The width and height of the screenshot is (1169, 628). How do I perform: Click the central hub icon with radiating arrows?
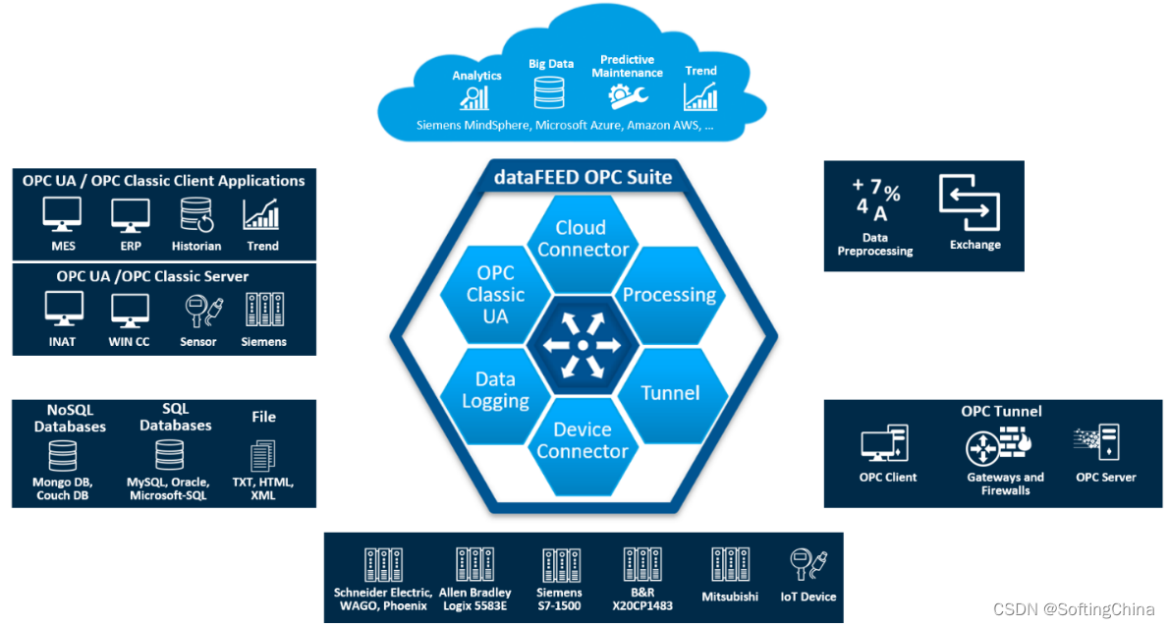(583, 345)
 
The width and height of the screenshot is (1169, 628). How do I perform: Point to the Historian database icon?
(196, 215)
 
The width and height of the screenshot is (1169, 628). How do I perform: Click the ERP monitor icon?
(131, 215)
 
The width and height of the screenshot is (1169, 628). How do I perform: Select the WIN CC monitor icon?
(130, 311)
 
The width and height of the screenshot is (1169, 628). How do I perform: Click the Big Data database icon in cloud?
(549, 92)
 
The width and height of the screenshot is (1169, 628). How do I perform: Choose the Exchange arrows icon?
(970, 202)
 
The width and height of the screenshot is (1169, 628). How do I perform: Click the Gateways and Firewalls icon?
(998, 446)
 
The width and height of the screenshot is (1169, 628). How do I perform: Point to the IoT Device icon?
(808, 564)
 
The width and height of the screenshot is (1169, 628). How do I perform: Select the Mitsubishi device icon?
(731, 564)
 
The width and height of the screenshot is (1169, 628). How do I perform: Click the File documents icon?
(262, 456)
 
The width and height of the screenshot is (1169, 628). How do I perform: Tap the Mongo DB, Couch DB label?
(63, 488)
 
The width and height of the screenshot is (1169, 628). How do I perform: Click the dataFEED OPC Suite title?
(583, 177)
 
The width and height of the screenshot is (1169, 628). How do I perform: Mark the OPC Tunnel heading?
(1001, 411)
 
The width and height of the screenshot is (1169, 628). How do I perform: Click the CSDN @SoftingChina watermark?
(1074, 609)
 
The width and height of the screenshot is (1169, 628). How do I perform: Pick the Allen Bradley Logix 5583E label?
(474, 599)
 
